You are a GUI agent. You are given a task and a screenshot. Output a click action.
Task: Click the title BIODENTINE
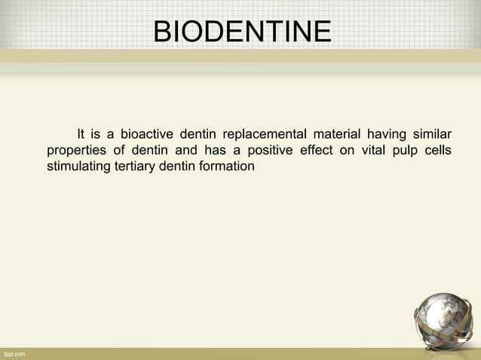pyautogui.click(x=241, y=32)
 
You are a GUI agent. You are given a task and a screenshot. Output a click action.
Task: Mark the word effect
pyautogui.click(x=317, y=150)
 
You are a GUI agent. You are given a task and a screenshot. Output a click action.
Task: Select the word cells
pyautogui.click(x=438, y=150)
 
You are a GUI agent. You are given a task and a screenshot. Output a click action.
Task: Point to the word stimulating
pyautogui.click(x=78, y=165)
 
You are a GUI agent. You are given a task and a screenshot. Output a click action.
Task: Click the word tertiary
pyautogui.click(x=133, y=165)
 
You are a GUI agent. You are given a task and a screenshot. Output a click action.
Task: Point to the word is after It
pyautogui.click(x=96, y=135)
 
